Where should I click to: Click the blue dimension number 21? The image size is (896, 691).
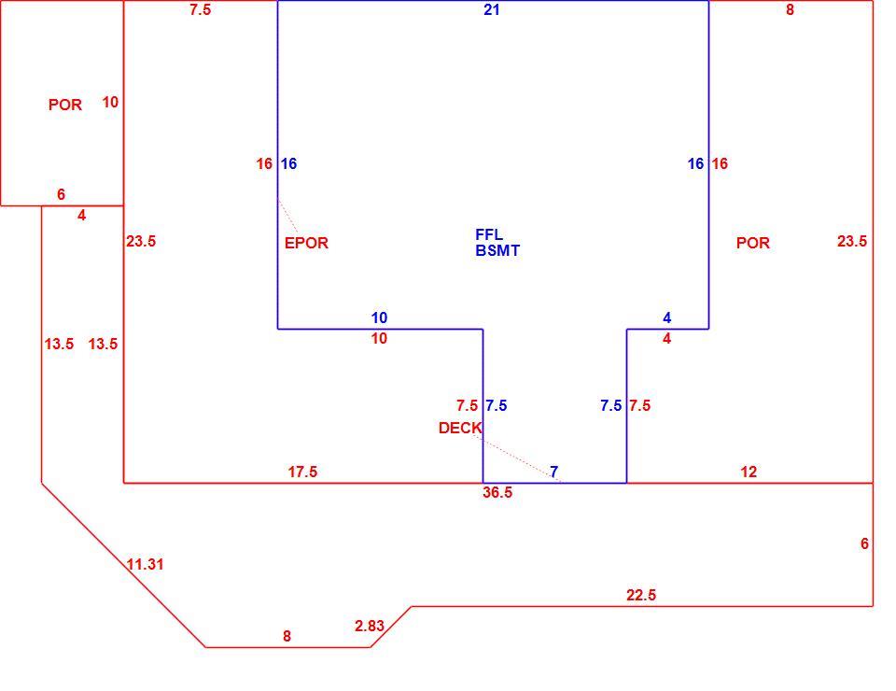tap(492, 9)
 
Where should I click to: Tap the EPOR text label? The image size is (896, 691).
tap(306, 243)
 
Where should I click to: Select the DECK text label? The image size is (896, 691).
tap(460, 428)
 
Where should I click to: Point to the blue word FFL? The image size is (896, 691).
tap(489, 234)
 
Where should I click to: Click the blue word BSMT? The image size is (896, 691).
tap(497, 250)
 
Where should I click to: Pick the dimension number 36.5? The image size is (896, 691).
tap(497, 493)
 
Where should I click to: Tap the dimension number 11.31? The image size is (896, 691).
tap(146, 564)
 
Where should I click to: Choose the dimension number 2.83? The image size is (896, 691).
tap(370, 626)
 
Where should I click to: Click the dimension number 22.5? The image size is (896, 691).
tap(641, 595)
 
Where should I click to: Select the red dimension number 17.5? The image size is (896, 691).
tap(302, 472)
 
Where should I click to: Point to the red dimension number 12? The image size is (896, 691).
tap(749, 472)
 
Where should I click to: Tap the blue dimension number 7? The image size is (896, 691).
tap(553, 472)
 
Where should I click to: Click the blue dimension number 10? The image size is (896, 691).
tap(379, 317)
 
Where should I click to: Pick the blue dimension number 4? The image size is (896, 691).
tap(666, 317)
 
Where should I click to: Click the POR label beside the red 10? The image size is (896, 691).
tap(65, 105)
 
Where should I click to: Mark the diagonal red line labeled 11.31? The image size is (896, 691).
tap(123, 565)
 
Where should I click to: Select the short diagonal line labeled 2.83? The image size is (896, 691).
tap(391, 627)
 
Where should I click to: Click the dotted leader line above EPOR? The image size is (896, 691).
tap(288, 216)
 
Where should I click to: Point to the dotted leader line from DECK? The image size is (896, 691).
tap(517, 458)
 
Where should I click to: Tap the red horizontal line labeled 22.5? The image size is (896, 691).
tap(642, 606)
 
